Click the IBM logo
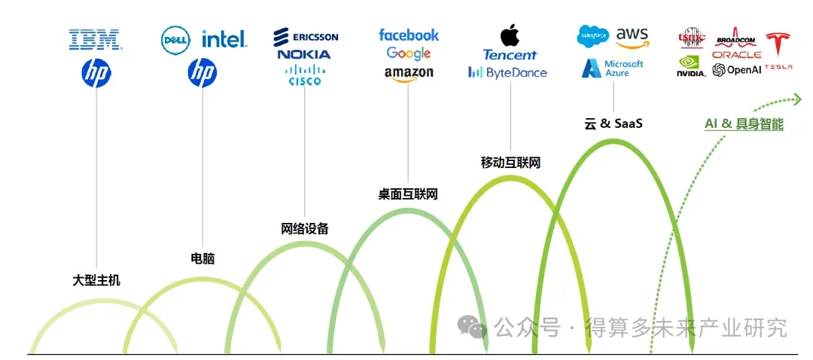point(95,39)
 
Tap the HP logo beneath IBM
point(96,73)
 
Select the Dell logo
point(176,38)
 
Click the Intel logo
point(224,38)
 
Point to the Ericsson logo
point(306,36)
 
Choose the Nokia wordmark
point(303,54)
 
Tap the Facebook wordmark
point(409,35)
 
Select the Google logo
point(409,53)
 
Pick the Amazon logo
point(409,73)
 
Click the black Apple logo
point(510,34)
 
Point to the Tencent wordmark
point(510,54)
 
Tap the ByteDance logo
point(507,73)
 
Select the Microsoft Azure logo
point(613,69)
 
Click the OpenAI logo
point(736,70)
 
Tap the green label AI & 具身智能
point(744,124)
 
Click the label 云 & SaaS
point(613,124)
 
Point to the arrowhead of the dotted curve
point(796,99)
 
